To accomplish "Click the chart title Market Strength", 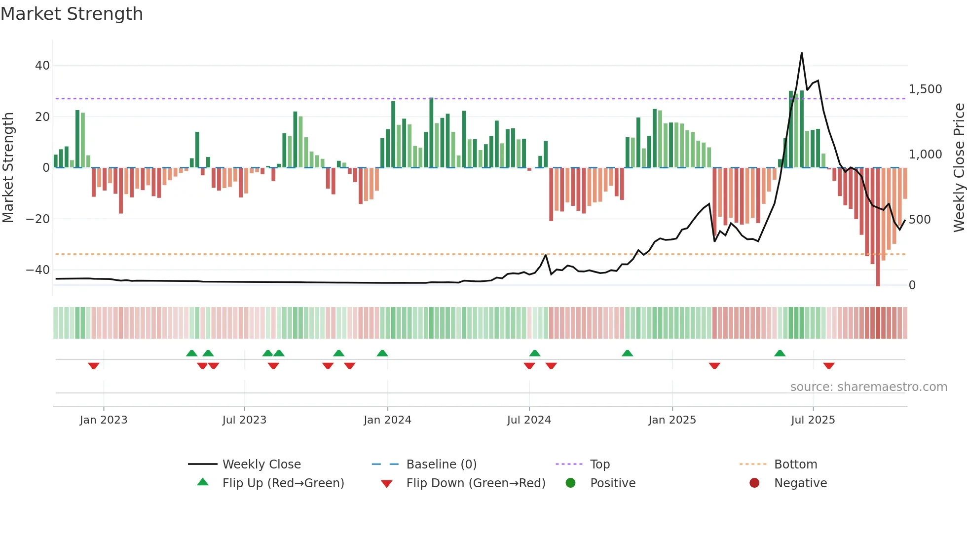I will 72,14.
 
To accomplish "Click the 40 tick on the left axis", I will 42,66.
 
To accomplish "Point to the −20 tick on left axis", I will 38,219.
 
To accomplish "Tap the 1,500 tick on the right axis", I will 925,89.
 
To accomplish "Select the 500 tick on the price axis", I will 919,220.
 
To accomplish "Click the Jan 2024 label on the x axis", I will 387,420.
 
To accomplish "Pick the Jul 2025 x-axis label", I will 813,420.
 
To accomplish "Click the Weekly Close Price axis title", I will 959,168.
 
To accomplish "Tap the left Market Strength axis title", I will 8,168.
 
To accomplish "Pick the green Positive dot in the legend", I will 571,483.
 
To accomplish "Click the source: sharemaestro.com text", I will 868,387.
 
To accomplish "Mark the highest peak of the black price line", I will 802,53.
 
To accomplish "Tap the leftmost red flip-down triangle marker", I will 94,366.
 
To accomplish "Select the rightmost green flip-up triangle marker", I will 780,353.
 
